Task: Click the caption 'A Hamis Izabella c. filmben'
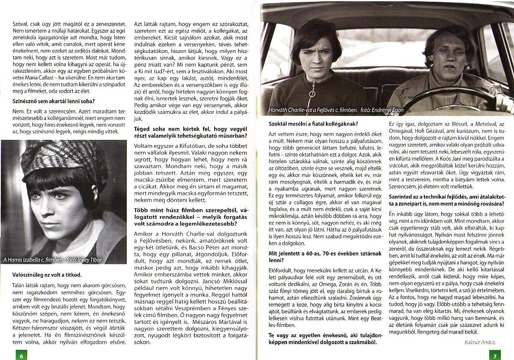tap(32, 259)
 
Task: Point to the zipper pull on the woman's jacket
tap(312, 94)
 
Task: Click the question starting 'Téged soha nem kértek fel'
tap(190, 131)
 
